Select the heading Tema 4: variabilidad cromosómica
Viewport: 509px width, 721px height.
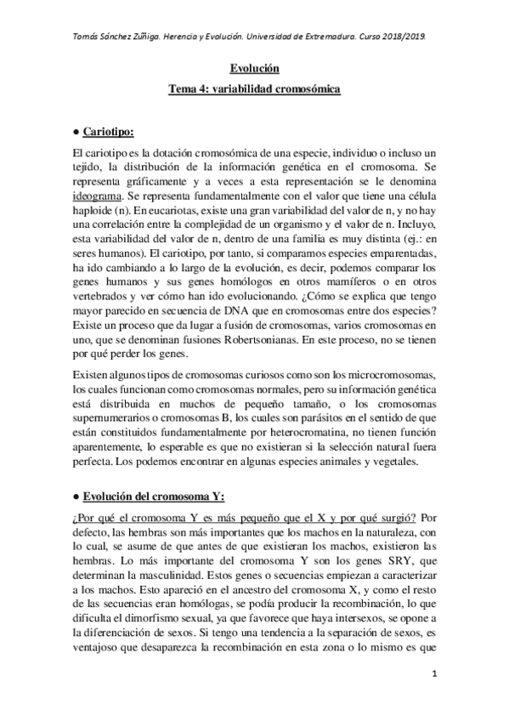tap(255, 88)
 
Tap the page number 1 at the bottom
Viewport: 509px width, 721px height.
tap(434, 675)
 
